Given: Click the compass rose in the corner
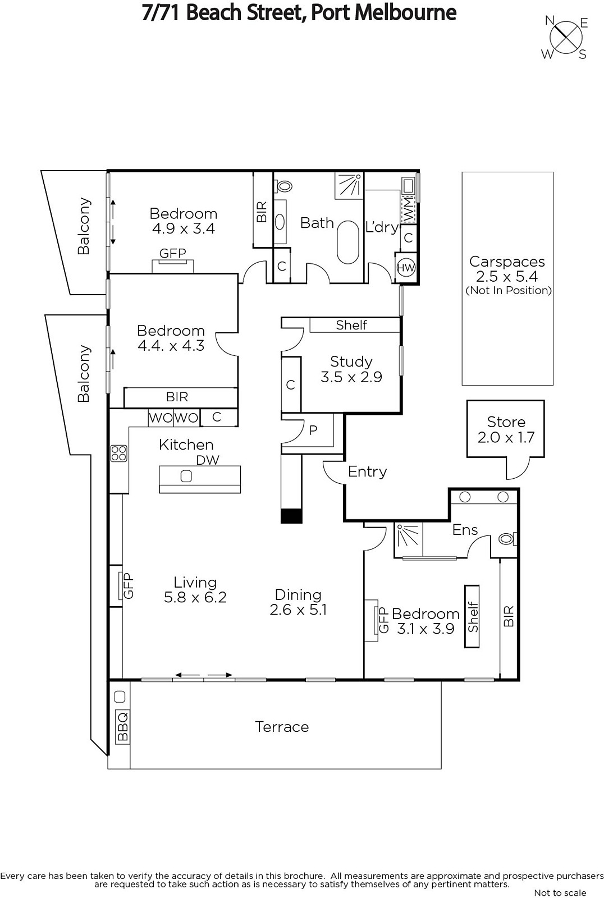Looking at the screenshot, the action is pos(565,38).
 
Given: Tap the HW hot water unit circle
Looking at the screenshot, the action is pos(406,268).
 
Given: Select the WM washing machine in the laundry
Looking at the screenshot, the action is pos(408,210).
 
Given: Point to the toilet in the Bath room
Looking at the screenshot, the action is pos(283,186).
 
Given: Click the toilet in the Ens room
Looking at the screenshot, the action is pos(508,539).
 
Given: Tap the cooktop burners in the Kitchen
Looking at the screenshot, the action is pos(118,453).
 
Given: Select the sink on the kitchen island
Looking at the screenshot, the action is pos(186,476).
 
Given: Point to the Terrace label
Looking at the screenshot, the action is pos(282,727).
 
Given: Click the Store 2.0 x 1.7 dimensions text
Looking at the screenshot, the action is pos(506,437).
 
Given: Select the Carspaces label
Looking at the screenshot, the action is pos(507,262).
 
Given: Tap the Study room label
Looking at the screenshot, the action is pos(351,361).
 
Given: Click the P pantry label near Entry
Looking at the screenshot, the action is pos(313,430).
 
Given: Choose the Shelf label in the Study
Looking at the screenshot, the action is pos(351,325).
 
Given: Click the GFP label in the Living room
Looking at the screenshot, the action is pos(127,586).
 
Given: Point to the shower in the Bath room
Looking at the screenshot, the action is pos(349,186).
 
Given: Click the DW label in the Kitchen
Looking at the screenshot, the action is pos(208,460).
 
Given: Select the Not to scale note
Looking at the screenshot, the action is pos(560,892).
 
